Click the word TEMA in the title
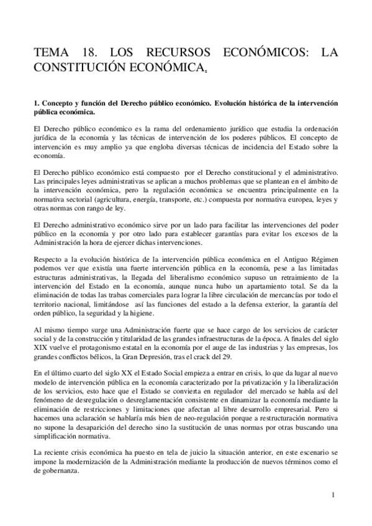(53, 54)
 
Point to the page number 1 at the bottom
(333, 494)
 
